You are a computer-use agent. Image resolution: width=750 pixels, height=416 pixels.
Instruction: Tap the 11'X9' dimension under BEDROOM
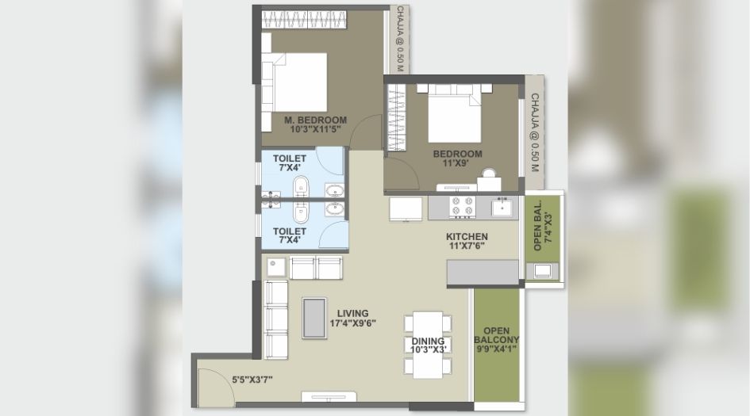click(x=457, y=165)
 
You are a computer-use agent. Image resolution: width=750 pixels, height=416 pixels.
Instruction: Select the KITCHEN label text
click(x=467, y=237)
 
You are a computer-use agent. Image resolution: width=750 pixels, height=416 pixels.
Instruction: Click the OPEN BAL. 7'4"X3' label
click(x=543, y=231)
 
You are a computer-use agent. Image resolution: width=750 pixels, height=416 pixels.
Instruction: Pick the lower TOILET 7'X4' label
click(x=290, y=236)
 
